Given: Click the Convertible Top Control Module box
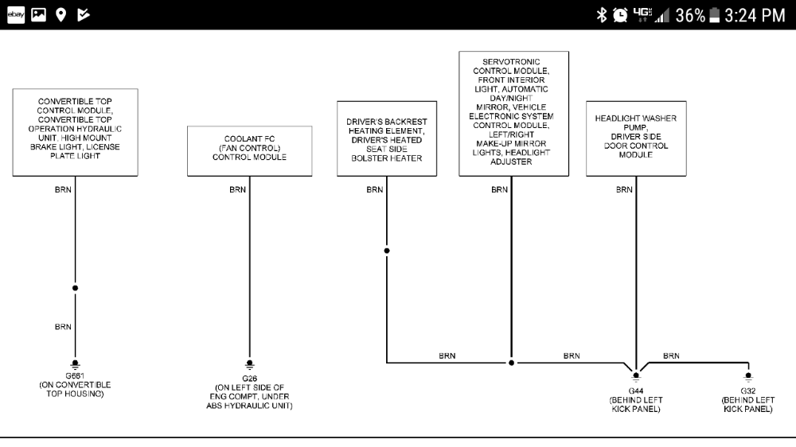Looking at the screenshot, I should pos(75,131).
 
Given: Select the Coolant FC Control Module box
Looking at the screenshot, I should pos(249,150).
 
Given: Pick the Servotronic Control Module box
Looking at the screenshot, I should pos(513,113).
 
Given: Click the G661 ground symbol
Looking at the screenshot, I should pos(75,361).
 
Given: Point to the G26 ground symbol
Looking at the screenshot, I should pos(249,361).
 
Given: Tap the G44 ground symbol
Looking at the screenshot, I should pos(635,375).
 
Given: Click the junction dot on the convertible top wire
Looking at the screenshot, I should pos(75,288).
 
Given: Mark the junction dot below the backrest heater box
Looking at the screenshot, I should pos(387,251).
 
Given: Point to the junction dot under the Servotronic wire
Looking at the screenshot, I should pos(511,363).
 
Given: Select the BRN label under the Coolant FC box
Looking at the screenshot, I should pos(237,190).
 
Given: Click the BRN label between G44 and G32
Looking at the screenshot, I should pos(671,356).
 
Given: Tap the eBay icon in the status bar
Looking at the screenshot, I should pos(15,15).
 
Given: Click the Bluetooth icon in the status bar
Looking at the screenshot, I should pos(602,15).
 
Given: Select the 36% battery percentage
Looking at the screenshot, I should pos(689,15).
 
